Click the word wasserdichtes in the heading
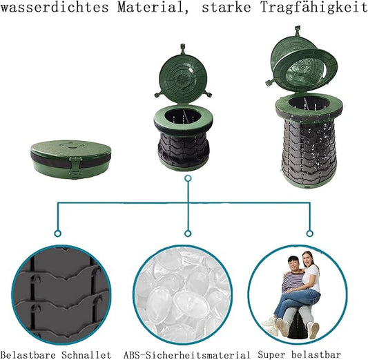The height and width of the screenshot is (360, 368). (x=55, y=8)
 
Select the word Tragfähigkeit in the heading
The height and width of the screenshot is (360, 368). (x=314, y=8)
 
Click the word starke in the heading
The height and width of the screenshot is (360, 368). (x=226, y=8)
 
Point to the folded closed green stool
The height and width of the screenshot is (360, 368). (x=70, y=159)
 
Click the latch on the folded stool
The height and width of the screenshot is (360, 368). (x=74, y=167)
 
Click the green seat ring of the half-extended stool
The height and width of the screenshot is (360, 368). (x=183, y=120)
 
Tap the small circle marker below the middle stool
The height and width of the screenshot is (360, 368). (x=188, y=178)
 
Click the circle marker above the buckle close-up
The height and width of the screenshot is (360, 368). (x=58, y=234)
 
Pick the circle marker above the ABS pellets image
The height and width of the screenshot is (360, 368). (x=188, y=234)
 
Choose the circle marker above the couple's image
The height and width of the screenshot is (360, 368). (x=310, y=234)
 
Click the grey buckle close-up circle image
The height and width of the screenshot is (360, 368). (x=61, y=295)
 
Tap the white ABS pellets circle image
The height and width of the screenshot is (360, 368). (x=183, y=295)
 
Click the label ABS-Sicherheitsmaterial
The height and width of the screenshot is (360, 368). (x=187, y=354)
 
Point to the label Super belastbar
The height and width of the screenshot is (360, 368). (x=300, y=354)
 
